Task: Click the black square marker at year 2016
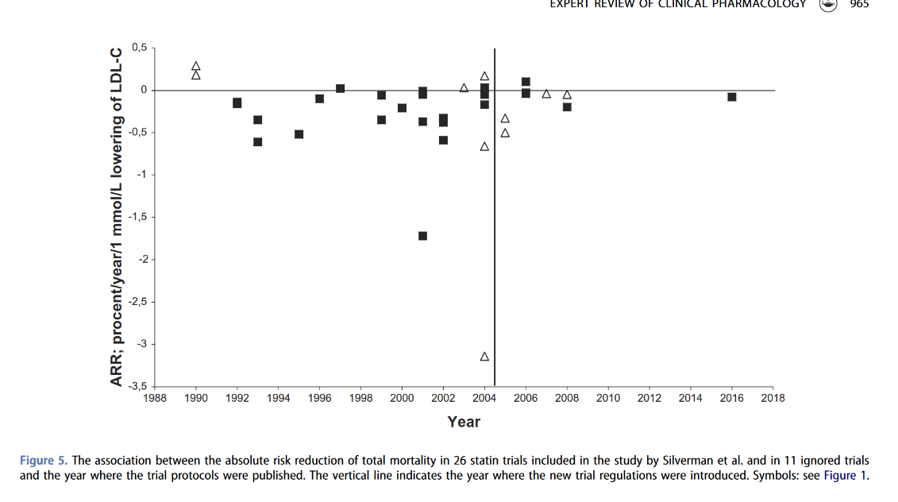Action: coord(732,97)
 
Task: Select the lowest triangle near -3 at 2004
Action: coord(484,357)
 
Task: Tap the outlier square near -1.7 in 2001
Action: coord(422,236)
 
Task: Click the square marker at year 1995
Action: coord(299,134)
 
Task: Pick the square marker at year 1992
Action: coord(237,103)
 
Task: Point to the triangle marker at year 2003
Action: coord(464,88)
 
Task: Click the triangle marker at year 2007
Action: coord(546,94)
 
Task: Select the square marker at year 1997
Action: coord(340,88)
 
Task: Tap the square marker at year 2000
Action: coord(402,108)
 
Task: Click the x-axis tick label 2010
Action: coord(608,398)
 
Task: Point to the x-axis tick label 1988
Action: coord(155,398)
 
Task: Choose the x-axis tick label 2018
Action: coord(773,398)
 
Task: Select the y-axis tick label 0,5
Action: coord(140,48)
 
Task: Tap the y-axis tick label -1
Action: coord(142,175)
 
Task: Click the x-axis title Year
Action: coord(464,422)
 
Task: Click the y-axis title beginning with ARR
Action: coord(117,217)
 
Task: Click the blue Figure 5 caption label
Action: coord(43,461)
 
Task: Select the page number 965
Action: coord(859,4)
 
